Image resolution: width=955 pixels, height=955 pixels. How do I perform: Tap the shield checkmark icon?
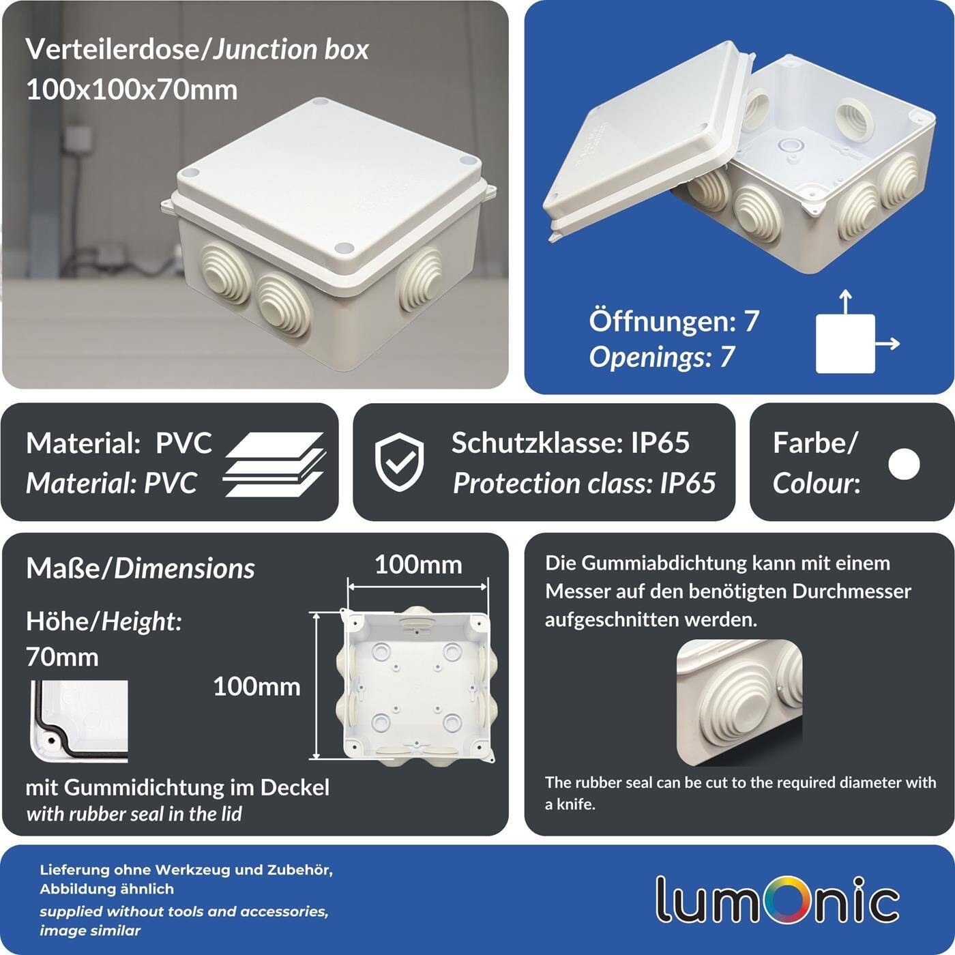(399, 462)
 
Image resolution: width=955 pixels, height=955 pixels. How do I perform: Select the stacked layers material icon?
(274, 464)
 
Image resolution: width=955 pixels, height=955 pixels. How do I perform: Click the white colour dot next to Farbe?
(904, 464)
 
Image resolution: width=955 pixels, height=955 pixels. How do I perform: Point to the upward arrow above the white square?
(845, 302)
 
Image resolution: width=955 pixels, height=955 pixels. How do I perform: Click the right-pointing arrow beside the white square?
(888, 344)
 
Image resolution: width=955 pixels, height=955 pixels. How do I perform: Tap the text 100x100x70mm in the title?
(132, 89)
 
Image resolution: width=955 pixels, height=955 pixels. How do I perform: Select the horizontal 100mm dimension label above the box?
(418, 565)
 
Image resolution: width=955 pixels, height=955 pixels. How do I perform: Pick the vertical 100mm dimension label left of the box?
(256, 686)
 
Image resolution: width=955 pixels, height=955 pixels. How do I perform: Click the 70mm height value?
(62, 657)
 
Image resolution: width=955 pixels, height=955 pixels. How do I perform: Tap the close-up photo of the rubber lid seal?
(79, 720)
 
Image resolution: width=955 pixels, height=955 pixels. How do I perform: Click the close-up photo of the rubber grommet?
(739, 703)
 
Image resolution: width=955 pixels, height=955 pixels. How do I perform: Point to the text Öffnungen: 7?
(673, 321)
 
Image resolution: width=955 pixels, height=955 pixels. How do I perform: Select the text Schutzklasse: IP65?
(570, 443)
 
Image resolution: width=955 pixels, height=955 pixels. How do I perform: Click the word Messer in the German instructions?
(576, 591)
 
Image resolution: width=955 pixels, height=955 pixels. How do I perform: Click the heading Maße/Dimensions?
(140, 568)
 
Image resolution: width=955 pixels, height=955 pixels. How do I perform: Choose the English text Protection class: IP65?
(584, 483)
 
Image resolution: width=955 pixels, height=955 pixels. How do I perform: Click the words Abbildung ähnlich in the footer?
(106, 889)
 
